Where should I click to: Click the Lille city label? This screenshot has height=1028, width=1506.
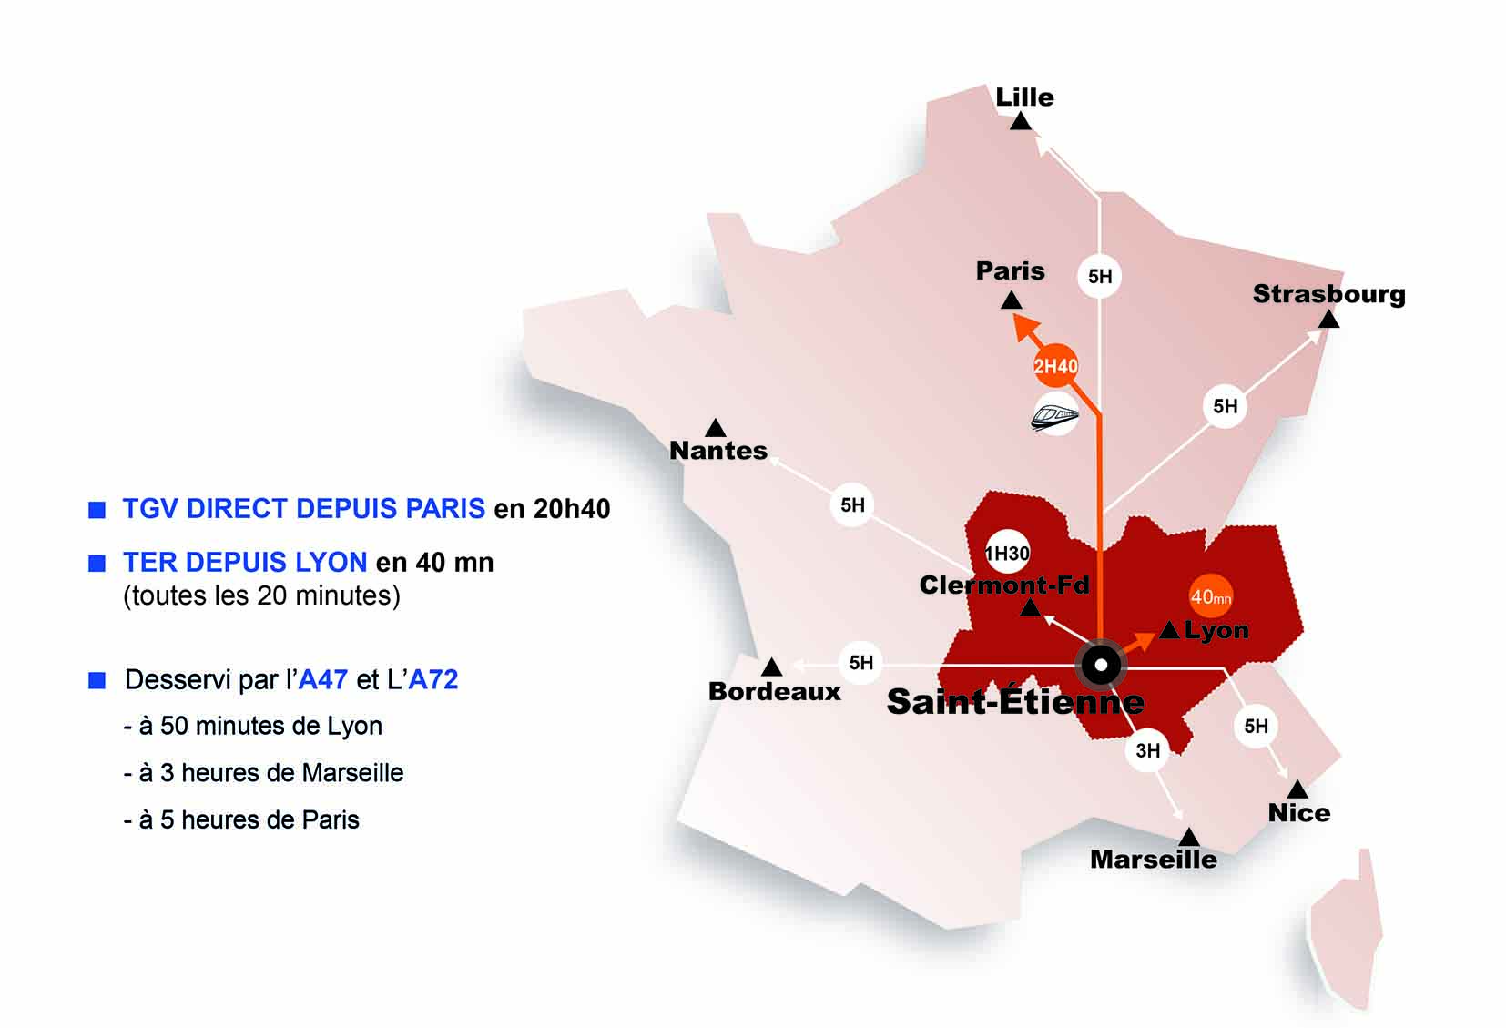pos(1024,97)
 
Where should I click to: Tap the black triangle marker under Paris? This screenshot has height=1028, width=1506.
pos(1011,300)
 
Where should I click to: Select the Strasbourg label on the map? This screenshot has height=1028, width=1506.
pos(1328,294)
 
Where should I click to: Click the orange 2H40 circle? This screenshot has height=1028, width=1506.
pos(1055,366)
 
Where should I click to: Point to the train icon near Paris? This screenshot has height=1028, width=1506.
pos(1055,415)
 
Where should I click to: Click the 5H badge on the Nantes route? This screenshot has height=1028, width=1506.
pos(852,505)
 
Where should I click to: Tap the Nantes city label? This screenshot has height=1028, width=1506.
pos(718,450)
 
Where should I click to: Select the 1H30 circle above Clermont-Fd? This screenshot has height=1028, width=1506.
pos(1007,553)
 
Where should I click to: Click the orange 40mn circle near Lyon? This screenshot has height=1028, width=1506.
pos(1211,597)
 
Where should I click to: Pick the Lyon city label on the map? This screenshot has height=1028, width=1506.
pos(1216,630)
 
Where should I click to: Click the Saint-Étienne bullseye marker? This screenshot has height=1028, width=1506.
pos(1101,666)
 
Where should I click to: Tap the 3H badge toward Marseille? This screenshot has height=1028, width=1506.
pos(1147,750)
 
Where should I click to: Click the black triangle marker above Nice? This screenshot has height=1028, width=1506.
pos(1297,789)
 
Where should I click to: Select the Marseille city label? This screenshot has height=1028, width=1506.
pos(1153,860)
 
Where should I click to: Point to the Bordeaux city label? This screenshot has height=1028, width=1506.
pos(775,691)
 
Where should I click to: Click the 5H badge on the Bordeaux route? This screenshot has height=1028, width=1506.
pos(860,663)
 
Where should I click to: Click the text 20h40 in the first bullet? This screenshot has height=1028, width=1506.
pos(571,508)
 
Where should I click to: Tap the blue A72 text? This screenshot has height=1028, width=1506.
pos(433,679)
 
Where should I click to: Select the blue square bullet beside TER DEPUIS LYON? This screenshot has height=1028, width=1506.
pos(97,564)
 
